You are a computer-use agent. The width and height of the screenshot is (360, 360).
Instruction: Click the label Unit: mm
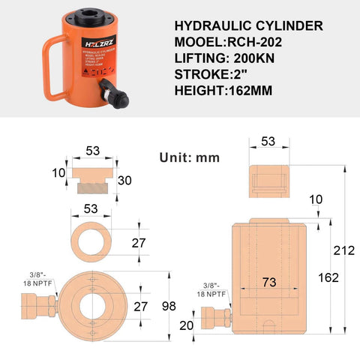click(189, 157)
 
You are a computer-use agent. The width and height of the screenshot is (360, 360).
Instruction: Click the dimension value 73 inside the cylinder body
click(271, 283)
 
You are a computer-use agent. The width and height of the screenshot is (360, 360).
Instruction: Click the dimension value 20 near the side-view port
click(186, 326)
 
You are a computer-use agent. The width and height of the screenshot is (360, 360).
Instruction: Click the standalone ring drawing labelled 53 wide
click(91, 241)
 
